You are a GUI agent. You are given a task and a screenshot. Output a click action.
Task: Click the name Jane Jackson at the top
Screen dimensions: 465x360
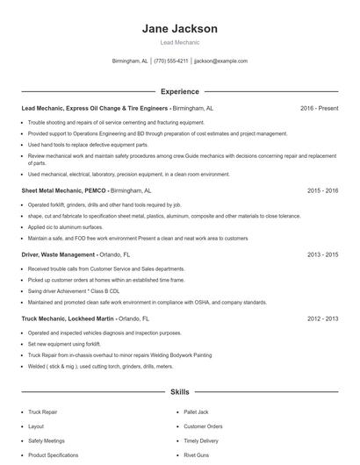[179, 29]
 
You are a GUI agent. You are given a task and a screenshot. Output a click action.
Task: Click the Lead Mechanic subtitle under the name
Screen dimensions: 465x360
[179, 42]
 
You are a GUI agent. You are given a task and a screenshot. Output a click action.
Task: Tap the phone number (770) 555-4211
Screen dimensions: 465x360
[170, 61]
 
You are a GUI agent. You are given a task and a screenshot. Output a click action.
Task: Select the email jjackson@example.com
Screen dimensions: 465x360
[220, 61]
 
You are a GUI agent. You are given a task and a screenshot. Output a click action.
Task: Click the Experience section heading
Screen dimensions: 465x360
[179, 91]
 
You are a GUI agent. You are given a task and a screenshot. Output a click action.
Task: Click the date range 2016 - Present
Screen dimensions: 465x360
[319, 108]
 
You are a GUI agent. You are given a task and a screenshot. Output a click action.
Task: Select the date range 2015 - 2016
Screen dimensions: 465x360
[323, 190]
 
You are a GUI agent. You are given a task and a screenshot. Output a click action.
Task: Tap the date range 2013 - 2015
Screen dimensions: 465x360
[323, 254]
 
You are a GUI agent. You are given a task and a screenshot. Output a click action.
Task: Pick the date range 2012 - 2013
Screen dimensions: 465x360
[323, 318]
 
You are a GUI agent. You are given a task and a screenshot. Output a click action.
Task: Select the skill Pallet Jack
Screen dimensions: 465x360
[197, 411]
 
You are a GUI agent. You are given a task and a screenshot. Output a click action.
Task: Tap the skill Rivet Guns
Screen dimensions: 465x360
[196, 455]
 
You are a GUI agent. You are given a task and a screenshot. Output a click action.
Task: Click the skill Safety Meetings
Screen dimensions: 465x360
[47, 440]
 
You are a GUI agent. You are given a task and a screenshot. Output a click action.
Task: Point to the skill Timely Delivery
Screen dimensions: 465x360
[200, 440]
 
